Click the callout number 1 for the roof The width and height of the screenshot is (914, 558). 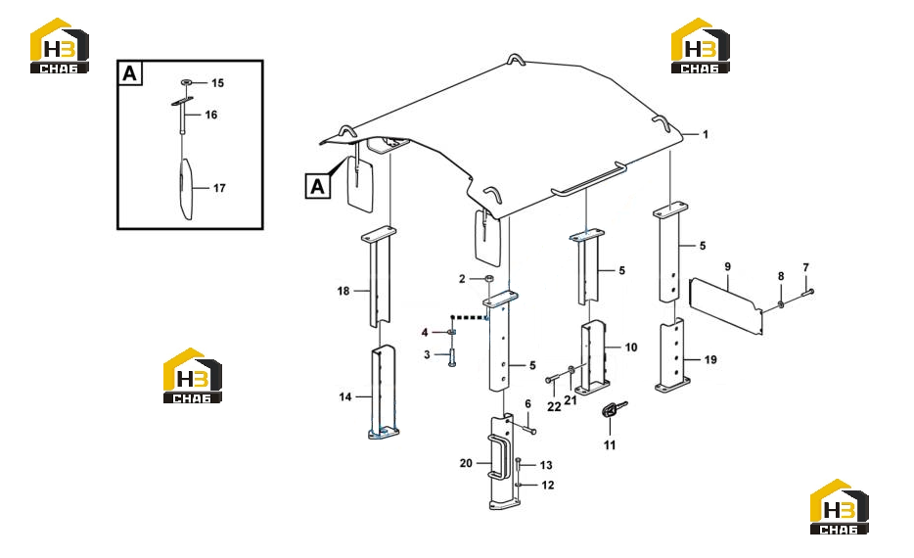(705, 135)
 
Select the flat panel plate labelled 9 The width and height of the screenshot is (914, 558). (726, 306)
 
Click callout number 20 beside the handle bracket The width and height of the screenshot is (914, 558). (466, 463)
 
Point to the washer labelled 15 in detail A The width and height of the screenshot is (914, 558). (187, 83)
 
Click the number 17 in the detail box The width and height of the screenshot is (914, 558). (219, 188)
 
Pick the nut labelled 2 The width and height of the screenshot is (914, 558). (489, 279)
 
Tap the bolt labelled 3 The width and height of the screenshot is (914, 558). (452, 355)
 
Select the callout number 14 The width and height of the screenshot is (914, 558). (345, 397)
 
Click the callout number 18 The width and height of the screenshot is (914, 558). (343, 291)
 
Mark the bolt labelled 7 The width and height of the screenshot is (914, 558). (808, 292)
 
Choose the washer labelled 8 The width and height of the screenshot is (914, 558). (781, 304)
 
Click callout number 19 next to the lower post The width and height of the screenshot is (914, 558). (710, 359)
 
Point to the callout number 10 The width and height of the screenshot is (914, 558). (631, 348)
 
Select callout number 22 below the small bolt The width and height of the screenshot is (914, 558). (554, 407)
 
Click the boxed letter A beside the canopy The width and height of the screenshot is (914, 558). (318, 187)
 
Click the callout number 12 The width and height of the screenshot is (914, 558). (548, 486)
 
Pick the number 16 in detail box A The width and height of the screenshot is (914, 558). (211, 115)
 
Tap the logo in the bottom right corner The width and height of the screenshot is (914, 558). (839, 506)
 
